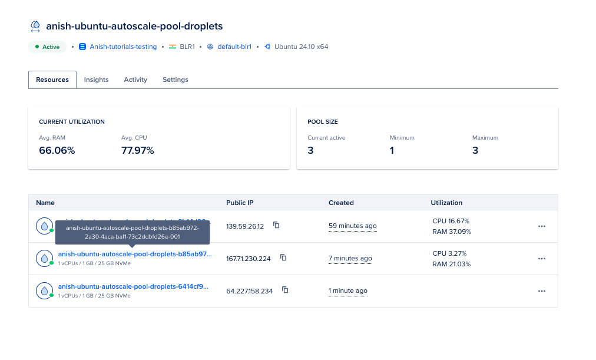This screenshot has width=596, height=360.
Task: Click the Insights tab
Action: click(96, 80)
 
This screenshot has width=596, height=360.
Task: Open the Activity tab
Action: click(135, 80)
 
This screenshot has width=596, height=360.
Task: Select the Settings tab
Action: click(176, 80)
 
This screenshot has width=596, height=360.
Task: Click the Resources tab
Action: click(52, 80)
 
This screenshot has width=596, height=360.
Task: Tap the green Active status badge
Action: click(47, 47)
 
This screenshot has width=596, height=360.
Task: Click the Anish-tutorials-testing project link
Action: click(123, 47)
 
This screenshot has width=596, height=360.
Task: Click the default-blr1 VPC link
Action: click(234, 47)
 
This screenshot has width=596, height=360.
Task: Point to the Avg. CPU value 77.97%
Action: click(137, 150)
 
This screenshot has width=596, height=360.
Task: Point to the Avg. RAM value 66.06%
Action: click(57, 150)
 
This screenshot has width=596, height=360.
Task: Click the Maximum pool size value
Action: click(475, 150)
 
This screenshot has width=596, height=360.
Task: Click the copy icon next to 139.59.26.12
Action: click(276, 226)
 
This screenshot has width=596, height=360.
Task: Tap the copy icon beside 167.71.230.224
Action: click(283, 257)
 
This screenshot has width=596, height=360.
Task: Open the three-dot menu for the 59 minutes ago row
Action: click(542, 226)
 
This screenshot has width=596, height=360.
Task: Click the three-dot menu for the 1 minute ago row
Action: click(542, 290)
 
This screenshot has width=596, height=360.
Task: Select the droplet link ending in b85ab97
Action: click(134, 254)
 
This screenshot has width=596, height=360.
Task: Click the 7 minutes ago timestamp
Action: click(350, 258)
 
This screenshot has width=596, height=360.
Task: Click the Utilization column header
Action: click(446, 203)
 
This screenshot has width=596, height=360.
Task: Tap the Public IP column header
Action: click(240, 203)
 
